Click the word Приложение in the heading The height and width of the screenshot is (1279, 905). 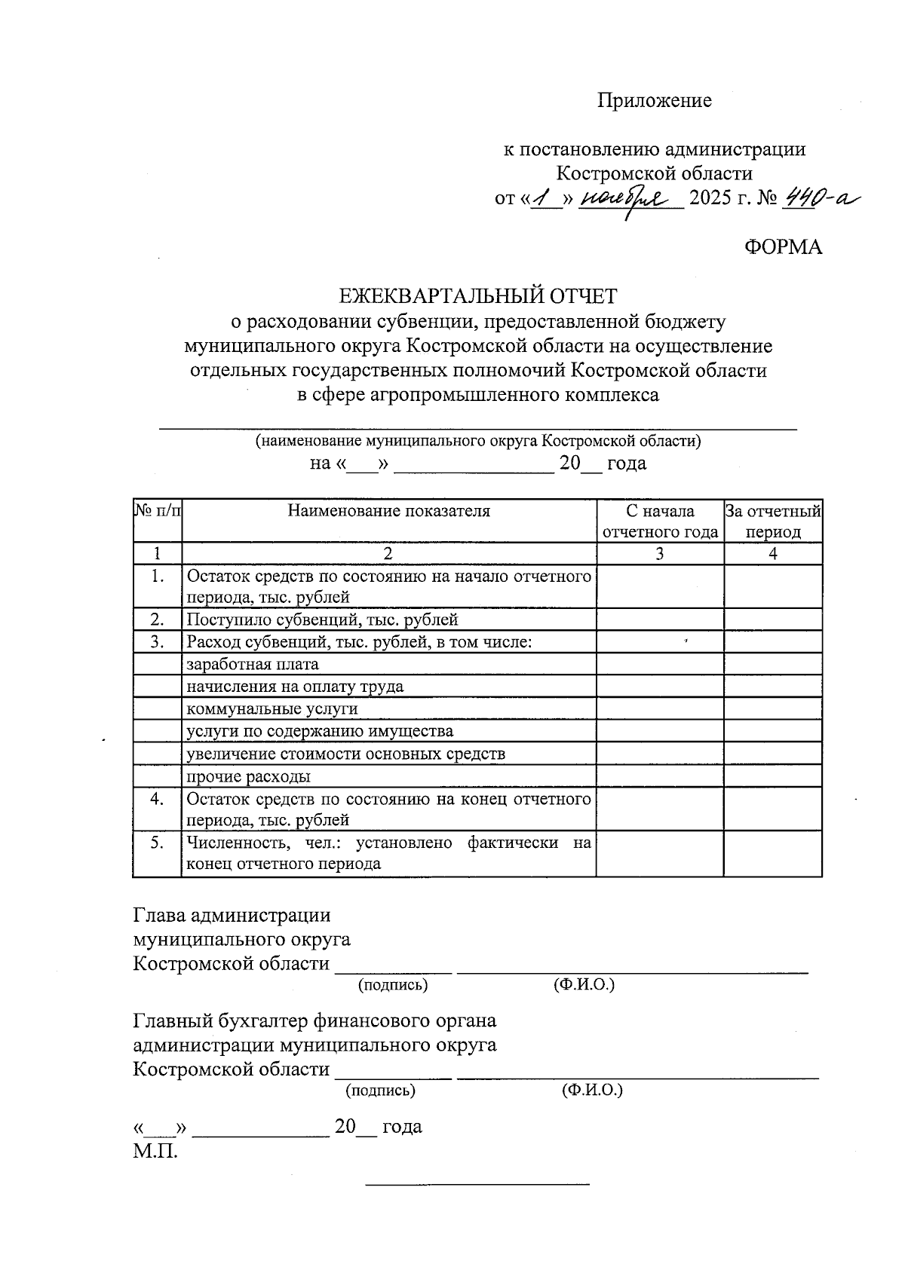(x=654, y=100)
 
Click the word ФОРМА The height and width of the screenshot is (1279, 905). (x=783, y=246)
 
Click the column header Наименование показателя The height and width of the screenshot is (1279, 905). (x=388, y=511)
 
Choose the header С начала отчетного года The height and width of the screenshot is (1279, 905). (x=660, y=522)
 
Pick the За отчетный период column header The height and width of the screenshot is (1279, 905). (x=773, y=522)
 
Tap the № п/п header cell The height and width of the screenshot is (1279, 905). (x=158, y=511)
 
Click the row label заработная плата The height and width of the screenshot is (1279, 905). (x=252, y=664)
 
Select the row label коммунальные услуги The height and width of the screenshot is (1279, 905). (x=271, y=708)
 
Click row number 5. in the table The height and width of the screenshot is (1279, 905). (x=157, y=843)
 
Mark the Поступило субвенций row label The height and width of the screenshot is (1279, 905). (x=322, y=620)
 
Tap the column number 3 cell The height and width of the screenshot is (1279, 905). (x=660, y=554)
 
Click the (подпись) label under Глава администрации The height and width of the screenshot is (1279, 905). (x=392, y=984)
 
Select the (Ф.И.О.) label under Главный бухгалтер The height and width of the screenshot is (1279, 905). (x=592, y=1090)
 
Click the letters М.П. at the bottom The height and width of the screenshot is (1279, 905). (x=155, y=1151)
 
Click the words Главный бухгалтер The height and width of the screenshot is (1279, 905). (x=219, y=1020)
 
